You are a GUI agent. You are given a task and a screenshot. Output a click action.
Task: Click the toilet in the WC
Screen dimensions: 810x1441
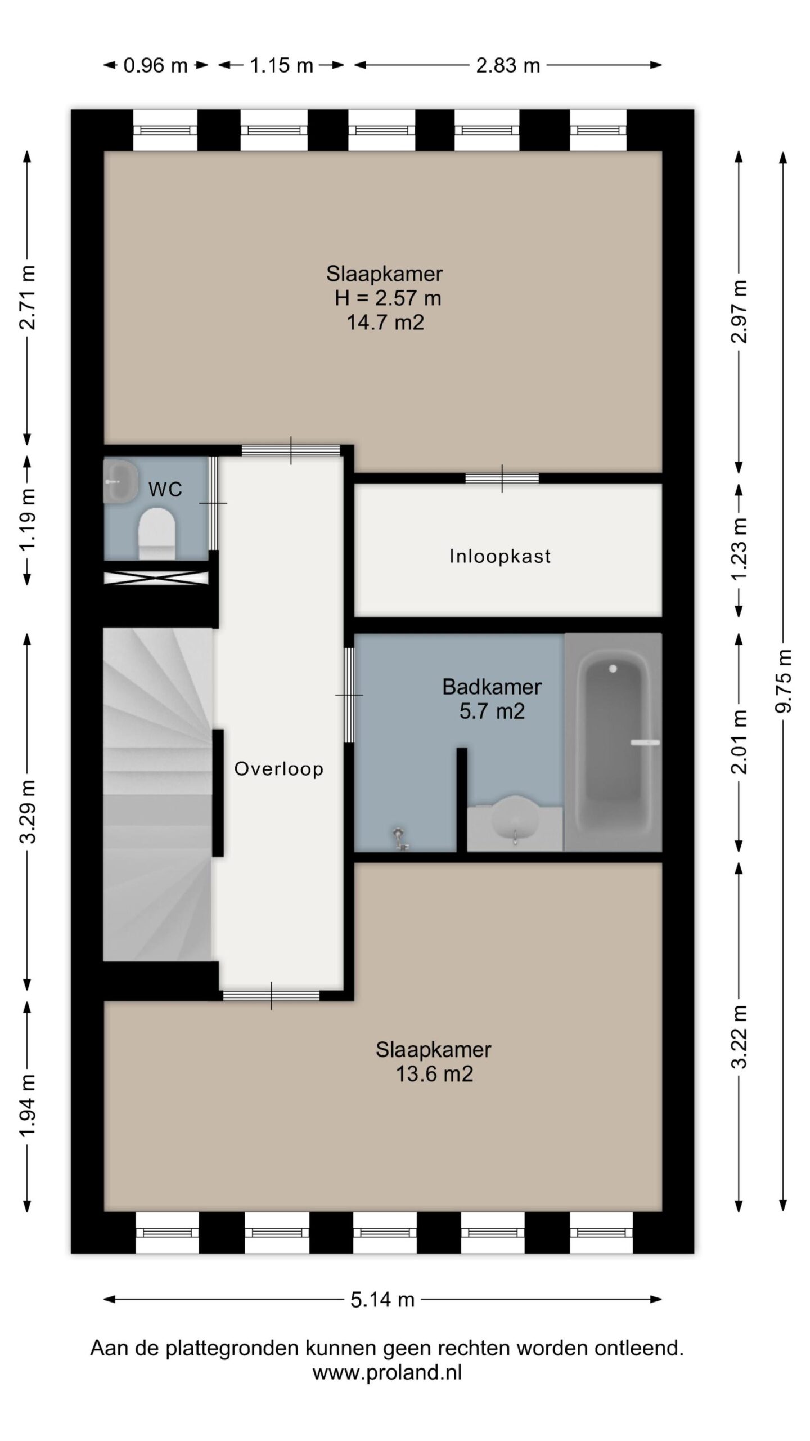(156, 534)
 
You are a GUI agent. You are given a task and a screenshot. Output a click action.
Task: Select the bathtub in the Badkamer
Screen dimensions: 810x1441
(613, 742)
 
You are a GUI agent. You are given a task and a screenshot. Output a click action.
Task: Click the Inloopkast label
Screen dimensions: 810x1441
(499, 556)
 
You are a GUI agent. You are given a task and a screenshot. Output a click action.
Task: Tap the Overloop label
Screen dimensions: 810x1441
(278, 768)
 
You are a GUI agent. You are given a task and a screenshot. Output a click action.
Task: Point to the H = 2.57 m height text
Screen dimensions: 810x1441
(388, 298)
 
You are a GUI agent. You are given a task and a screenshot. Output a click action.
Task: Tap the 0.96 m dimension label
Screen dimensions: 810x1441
(155, 66)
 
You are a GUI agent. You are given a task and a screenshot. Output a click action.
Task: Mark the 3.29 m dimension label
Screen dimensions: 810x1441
(28, 811)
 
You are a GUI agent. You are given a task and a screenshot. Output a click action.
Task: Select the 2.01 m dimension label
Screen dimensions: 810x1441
(740, 742)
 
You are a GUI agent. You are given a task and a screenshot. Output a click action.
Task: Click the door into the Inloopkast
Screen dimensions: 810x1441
(502, 478)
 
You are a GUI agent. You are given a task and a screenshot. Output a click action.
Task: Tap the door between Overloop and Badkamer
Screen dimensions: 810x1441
(349, 695)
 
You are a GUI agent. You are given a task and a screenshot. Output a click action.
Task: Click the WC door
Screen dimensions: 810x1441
(213, 503)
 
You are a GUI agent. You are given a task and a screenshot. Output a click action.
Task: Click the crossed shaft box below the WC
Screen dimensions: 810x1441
(156, 578)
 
